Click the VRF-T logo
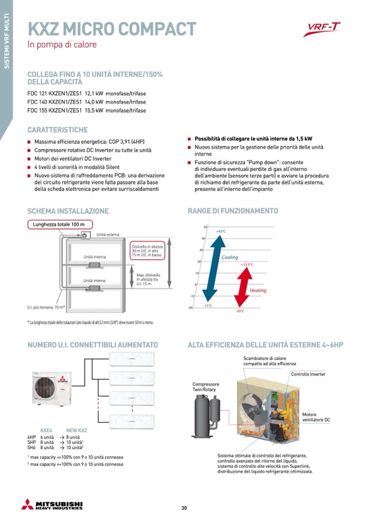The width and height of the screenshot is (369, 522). click(322, 29)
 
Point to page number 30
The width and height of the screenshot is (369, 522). click(184, 508)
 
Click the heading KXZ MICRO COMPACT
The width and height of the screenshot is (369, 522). click(112, 28)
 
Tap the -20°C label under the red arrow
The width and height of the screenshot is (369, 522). click(239, 311)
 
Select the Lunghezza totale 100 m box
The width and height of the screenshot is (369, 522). click(60, 224)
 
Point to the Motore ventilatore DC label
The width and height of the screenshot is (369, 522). click(316, 417)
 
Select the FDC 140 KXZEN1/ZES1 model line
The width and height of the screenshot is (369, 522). click(87, 102)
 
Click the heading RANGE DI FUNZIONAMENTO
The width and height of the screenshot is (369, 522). click(232, 211)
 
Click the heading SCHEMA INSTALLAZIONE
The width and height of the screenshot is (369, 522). click(68, 211)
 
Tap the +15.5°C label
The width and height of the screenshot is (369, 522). click(247, 265)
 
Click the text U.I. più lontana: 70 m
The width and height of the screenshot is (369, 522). click(46, 308)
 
